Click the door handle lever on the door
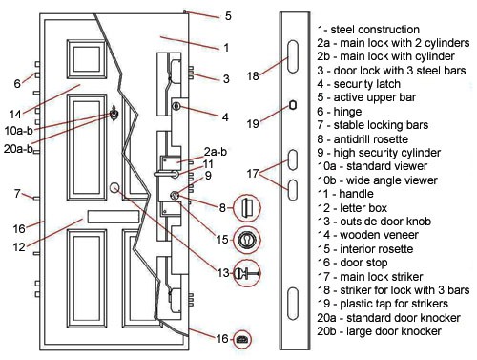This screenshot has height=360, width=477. [166, 174]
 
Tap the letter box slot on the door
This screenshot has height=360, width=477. [114, 217]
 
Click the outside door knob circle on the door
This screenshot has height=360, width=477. [114, 188]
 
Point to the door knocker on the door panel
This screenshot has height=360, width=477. [114, 114]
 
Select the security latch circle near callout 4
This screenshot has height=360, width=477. [176, 106]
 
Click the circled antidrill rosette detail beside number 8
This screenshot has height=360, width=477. [247, 208]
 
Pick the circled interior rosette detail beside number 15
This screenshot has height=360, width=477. [247, 240]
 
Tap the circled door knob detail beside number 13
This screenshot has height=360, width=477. [247, 273]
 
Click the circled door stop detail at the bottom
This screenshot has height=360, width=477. [242, 339]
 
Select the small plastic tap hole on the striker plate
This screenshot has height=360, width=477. [293, 105]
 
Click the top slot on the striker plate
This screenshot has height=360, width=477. [293, 56]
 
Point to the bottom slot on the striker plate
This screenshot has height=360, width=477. [293, 304]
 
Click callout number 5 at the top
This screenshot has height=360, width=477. [228, 16]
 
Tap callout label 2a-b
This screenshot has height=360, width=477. [216, 152]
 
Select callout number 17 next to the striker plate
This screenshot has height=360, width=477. [253, 174]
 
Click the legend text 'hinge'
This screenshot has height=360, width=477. [347, 112]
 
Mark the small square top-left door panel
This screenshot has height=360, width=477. [87, 59]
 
